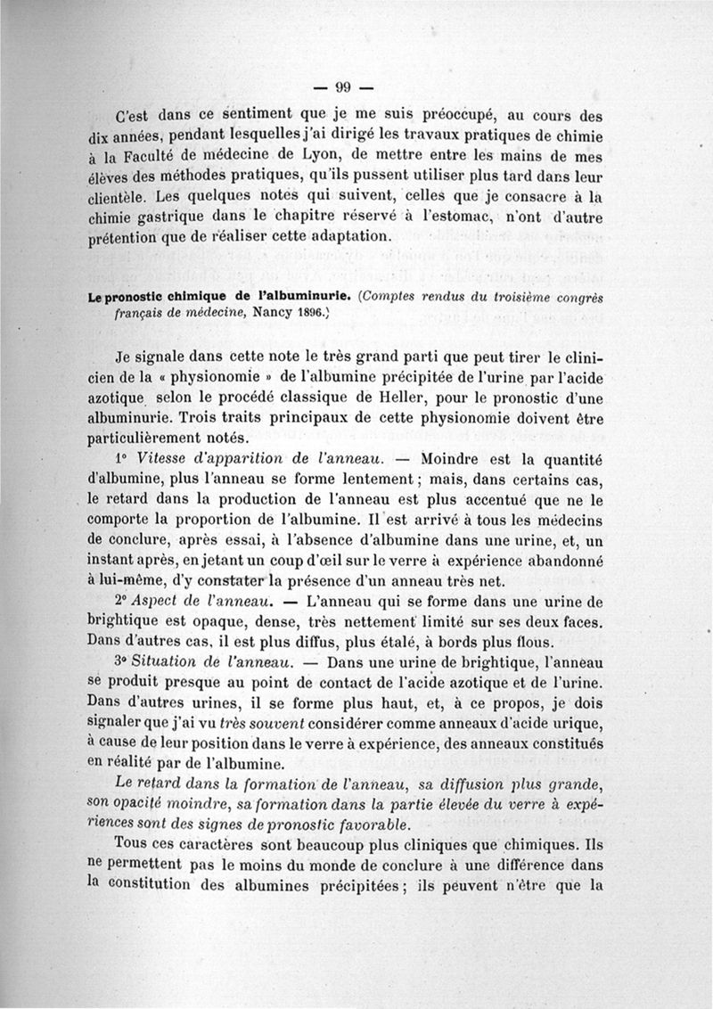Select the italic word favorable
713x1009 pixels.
click(369, 823)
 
